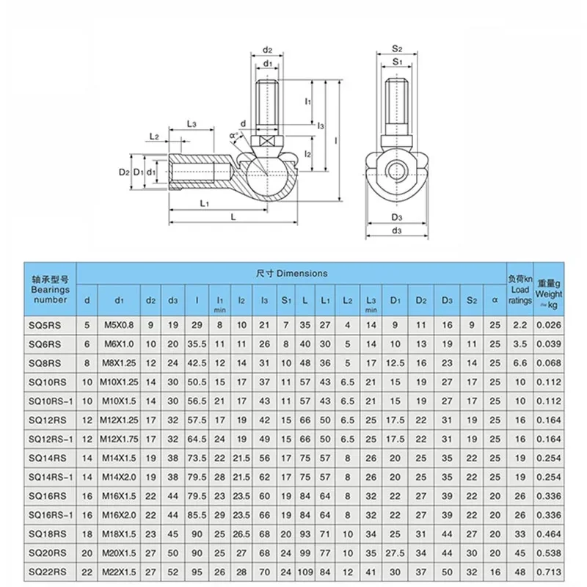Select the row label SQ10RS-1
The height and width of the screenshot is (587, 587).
pyautogui.click(x=50, y=401)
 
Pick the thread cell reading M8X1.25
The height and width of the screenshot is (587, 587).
pyautogui.click(x=117, y=363)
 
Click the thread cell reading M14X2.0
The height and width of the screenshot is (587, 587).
pyautogui.click(x=117, y=477)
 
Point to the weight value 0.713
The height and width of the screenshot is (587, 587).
pyautogui.click(x=549, y=572)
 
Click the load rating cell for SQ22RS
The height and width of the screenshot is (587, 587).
pyautogui.click(x=519, y=572)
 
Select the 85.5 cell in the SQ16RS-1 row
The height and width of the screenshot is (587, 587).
pyautogui.click(x=197, y=515)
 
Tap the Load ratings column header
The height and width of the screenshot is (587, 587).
pyautogui.click(x=519, y=289)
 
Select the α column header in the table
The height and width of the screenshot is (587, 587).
pyautogui.click(x=495, y=299)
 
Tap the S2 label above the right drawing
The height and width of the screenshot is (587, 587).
pyautogui.click(x=396, y=49)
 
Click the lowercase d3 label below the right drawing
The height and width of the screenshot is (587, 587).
pyautogui.click(x=396, y=231)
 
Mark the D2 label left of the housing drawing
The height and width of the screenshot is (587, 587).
pyautogui.click(x=124, y=172)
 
